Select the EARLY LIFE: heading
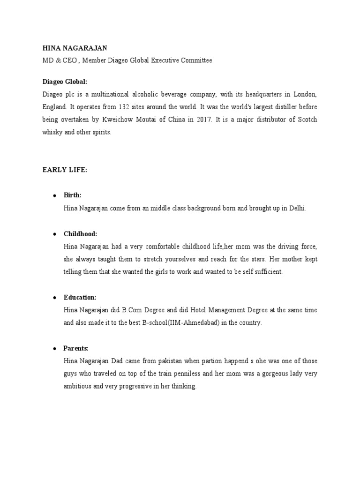65,170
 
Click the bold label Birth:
73,195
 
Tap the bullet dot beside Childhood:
54,233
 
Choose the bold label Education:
80,297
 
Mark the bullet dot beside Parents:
54,348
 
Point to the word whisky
52,132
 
